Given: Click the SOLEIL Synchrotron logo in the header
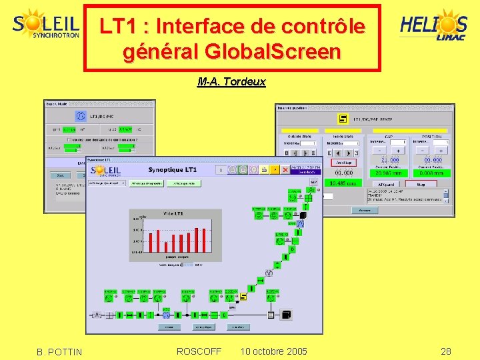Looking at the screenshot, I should click(46, 25).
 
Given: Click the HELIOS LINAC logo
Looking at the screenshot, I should click(433, 27).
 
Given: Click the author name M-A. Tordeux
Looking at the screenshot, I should click(231, 82).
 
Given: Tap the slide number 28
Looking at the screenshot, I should click(446, 351).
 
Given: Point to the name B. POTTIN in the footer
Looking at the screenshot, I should click(60, 352).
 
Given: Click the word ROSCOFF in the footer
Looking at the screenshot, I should click(199, 351).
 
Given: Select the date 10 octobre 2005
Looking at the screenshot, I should click(273, 351).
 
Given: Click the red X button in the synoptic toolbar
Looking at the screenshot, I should click(285, 170).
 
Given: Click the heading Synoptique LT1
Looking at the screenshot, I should click(173, 171).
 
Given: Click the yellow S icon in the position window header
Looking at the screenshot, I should click(343, 119).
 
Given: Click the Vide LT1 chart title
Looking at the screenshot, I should click(173, 213).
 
